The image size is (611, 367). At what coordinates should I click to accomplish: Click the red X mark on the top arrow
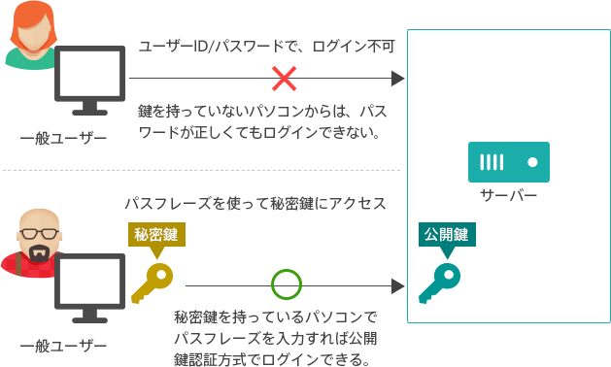[x=284, y=79]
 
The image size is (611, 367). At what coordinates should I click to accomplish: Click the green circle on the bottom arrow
[x=286, y=285]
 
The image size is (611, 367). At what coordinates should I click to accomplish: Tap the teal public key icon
[x=438, y=282]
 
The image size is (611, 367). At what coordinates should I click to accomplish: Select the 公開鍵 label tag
[x=446, y=235]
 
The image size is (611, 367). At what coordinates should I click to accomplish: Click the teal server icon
[x=509, y=162]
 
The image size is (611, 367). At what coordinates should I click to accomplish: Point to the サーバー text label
[x=509, y=196]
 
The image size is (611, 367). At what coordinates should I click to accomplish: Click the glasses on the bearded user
[x=39, y=233]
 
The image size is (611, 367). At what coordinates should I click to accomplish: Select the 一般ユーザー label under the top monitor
[x=64, y=139]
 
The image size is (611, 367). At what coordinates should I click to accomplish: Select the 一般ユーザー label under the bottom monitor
[x=64, y=345]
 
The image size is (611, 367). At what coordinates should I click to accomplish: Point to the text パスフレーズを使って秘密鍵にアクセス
[x=255, y=204]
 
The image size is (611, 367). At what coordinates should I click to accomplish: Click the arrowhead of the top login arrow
[x=397, y=79]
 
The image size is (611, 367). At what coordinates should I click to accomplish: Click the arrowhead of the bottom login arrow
[x=397, y=285]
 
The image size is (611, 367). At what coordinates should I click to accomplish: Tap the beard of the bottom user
[x=39, y=253]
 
